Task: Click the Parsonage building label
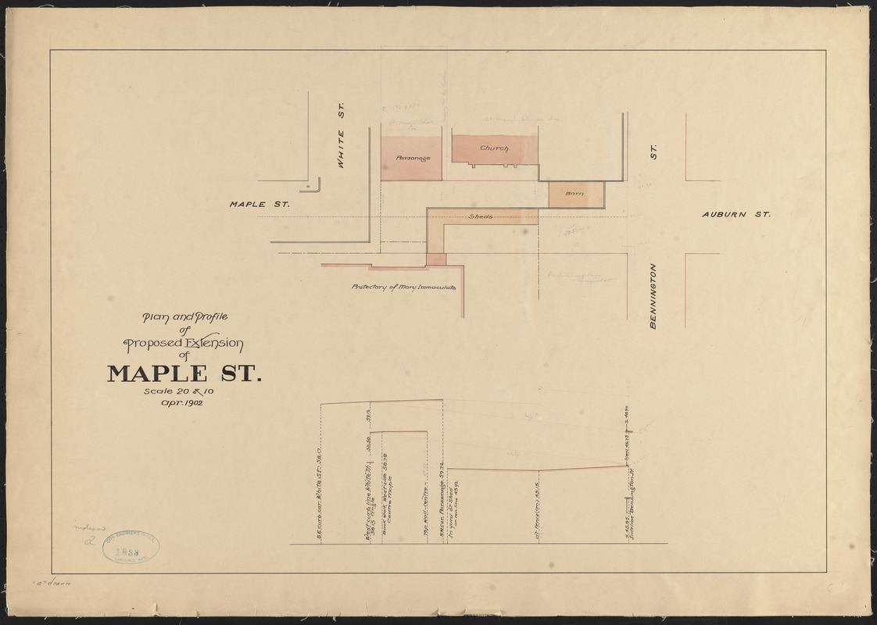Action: point(413,158)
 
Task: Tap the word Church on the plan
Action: point(494,148)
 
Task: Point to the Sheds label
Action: point(481,216)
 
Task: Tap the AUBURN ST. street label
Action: point(736,213)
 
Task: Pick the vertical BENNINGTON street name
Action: point(653,296)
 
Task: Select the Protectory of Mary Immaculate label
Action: point(403,287)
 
